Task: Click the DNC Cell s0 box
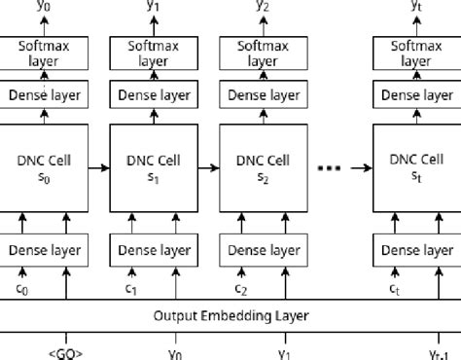tap(44, 167)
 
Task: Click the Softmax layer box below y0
tap(44, 52)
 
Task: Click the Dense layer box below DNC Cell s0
tap(44, 250)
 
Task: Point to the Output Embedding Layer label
tap(230, 315)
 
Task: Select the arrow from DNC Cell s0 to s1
tap(98, 167)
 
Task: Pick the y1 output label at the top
tap(154, 7)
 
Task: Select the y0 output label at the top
tap(44, 7)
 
